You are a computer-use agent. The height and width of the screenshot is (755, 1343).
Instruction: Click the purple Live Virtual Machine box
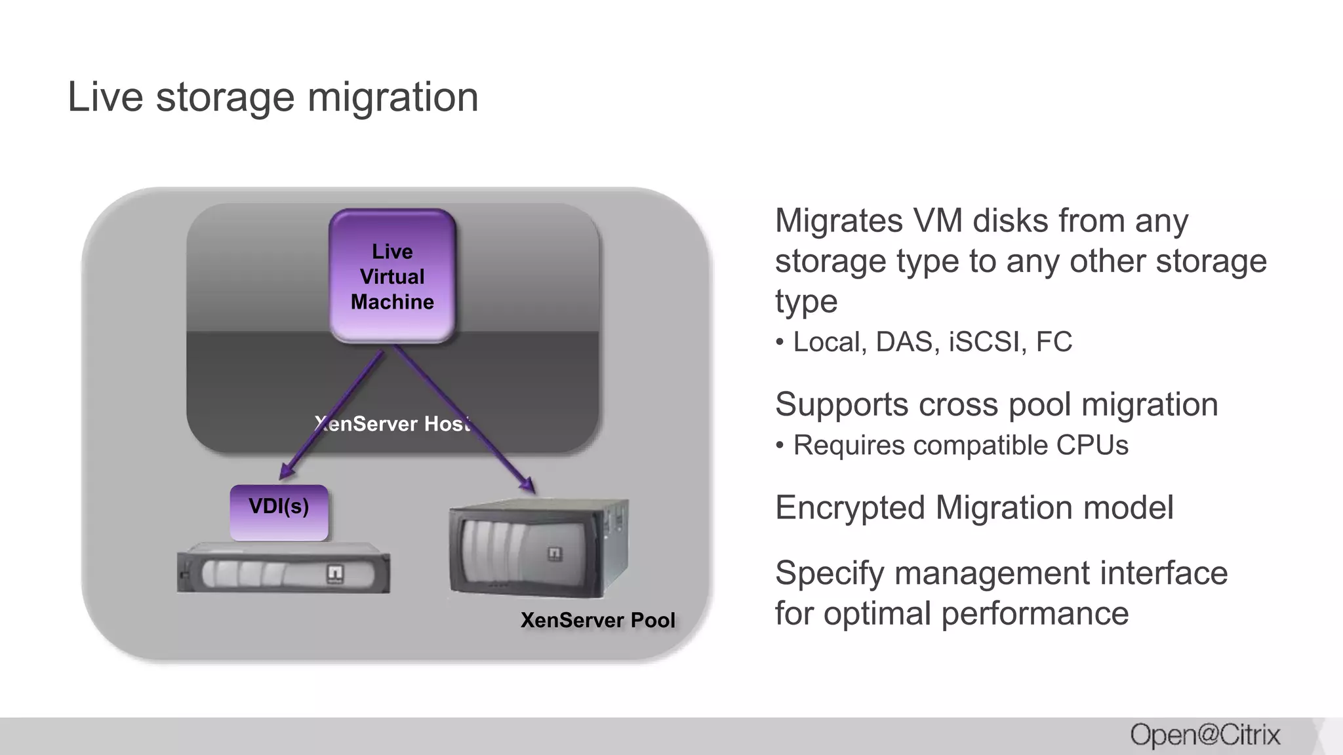392,276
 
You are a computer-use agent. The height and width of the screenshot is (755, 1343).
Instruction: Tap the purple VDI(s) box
279,512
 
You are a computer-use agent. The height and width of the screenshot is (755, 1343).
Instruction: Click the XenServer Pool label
597,620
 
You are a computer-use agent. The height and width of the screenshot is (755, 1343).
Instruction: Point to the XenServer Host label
392,423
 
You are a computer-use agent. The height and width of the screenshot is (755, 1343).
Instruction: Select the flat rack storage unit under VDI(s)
283,573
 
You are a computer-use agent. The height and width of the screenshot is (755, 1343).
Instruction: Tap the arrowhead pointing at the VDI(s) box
286,473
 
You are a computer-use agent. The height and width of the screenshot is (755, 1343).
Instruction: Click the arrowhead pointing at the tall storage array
528,486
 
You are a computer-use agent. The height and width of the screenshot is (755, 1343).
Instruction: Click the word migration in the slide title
393,97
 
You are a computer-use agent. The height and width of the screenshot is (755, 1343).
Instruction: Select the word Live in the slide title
105,97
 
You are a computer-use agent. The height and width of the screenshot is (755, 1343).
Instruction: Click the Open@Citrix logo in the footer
1205,735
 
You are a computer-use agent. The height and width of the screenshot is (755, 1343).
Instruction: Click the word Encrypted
851,508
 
